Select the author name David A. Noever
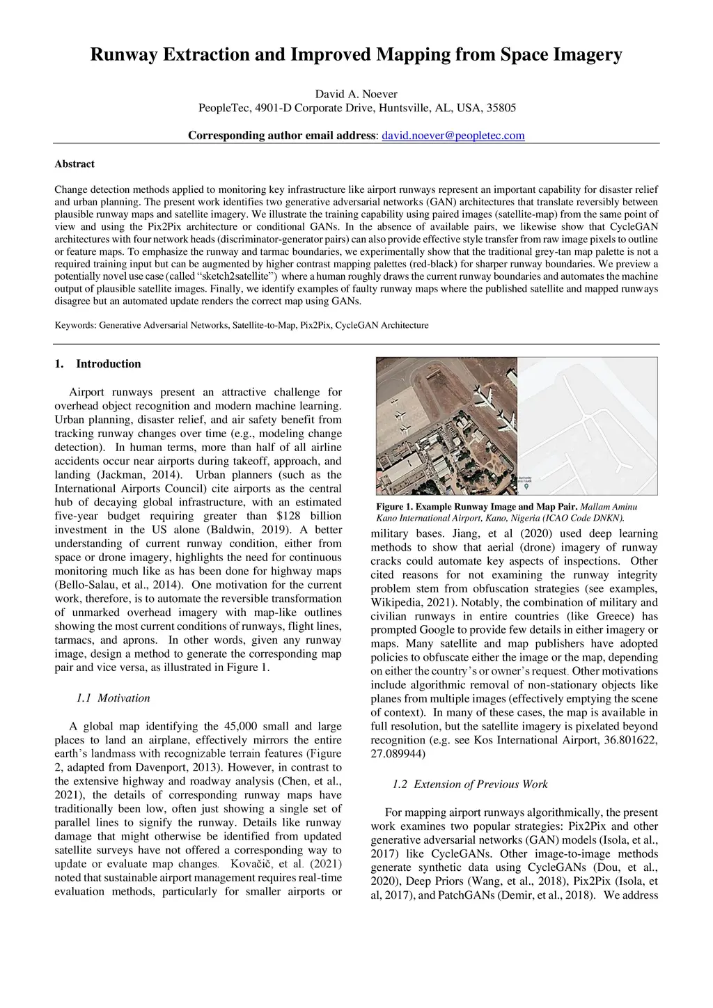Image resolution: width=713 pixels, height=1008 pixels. click(x=356, y=94)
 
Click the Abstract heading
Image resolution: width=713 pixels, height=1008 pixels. click(x=75, y=164)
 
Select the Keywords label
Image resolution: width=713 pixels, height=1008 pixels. click(x=75, y=325)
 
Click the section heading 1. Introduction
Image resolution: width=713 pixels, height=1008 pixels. click(x=97, y=364)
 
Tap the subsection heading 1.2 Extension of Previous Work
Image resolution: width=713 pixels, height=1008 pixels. click(x=470, y=785)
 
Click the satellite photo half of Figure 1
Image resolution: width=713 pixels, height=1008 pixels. click(x=446, y=426)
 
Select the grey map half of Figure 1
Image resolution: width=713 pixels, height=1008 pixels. click(x=588, y=426)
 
